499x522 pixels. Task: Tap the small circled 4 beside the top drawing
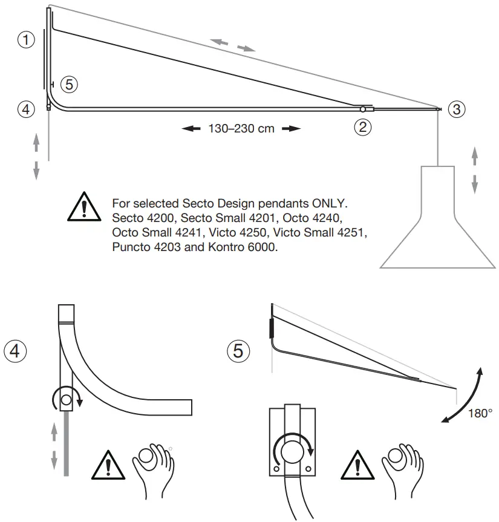tap(25, 109)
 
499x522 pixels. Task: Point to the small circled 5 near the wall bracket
tap(69, 85)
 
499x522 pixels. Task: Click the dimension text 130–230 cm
tap(241, 129)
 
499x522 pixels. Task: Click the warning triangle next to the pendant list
tap(85, 206)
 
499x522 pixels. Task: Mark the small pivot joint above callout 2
tap(362, 109)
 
